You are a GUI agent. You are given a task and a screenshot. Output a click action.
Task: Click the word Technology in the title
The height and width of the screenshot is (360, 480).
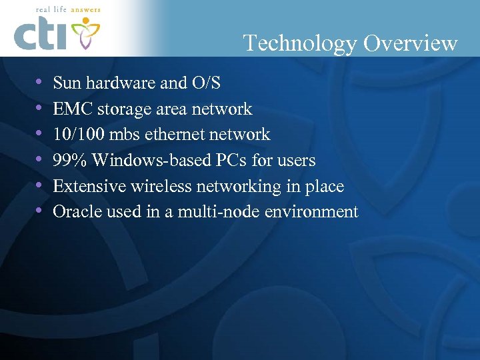click(300, 43)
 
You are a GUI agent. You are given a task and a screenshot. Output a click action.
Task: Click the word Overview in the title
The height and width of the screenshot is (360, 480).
click(410, 43)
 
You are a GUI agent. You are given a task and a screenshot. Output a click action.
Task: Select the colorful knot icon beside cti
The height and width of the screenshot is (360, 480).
click(85, 33)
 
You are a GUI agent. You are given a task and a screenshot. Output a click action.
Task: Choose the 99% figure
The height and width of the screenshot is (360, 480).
click(69, 161)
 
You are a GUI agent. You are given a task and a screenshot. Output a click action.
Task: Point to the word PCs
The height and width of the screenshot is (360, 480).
click(232, 161)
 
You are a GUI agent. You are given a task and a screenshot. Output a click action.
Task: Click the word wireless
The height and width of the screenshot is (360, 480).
click(157, 186)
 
